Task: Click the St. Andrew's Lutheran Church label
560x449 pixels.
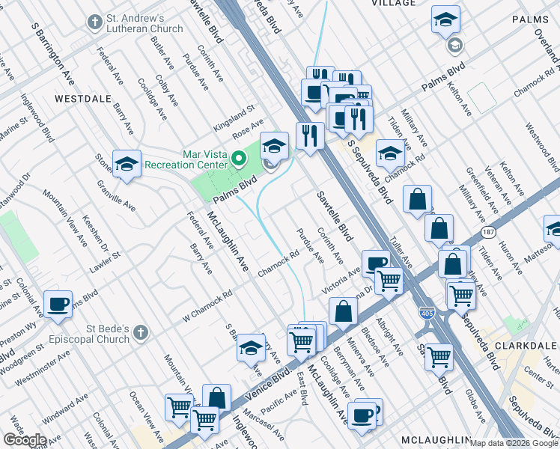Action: [145, 22]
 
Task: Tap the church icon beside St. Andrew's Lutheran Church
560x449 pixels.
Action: [94, 22]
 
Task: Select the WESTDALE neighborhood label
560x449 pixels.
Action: [83, 98]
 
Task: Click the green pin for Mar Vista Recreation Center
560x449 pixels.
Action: [239, 158]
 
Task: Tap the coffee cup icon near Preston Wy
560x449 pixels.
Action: [58, 305]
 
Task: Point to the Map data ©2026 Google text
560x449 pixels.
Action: [514, 443]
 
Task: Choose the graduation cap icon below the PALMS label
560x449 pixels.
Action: [445, 19]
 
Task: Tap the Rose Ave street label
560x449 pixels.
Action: [248, 129]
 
